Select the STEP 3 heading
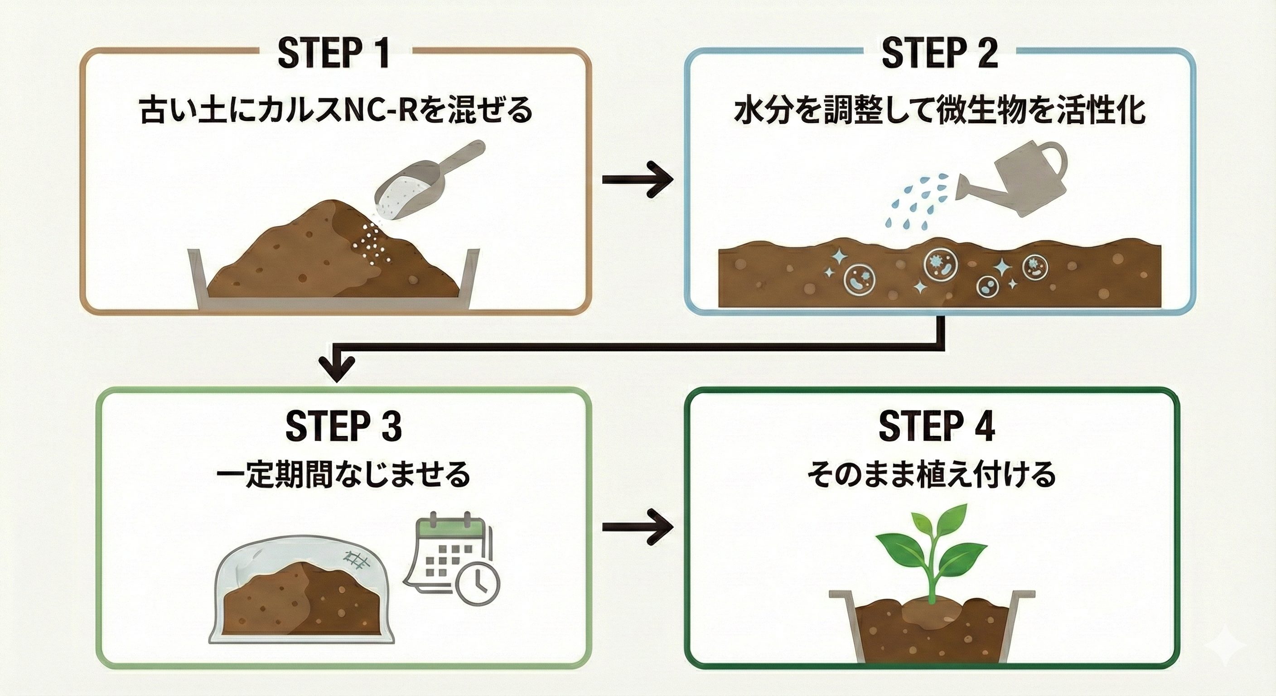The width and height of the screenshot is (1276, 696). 343,425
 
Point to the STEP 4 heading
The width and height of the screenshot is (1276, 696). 937,425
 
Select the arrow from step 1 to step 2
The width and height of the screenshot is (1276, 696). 637,179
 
